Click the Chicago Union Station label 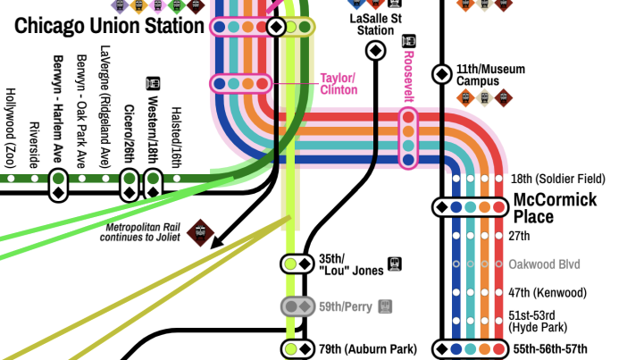point(108,26)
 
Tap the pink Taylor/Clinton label point(339,84)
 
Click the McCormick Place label point(554,208)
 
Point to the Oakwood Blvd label point(544,264)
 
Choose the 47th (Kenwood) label point(547,293)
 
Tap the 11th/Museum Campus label point(490,75)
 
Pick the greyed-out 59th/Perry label point(345,306)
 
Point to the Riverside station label point(35,144)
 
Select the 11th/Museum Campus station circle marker point(441,73)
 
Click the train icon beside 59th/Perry point(385,306)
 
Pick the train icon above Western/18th point(153,83)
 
